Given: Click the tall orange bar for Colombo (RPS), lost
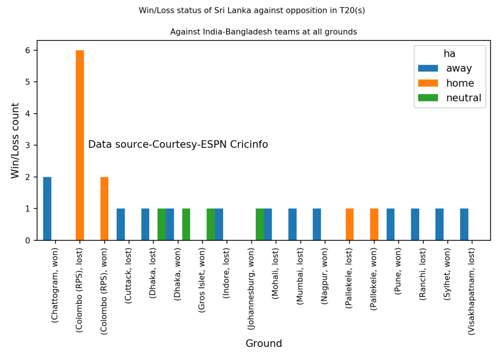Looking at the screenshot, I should (80, 145).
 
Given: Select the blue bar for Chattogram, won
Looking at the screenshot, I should (47, 208).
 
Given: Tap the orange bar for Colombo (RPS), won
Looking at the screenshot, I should (104, 208).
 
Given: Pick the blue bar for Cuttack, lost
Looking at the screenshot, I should (121, 225).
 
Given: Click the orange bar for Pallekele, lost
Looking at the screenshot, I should (350, 225).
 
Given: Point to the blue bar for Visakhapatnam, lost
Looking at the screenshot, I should (464, 225).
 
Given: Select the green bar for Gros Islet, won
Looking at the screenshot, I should (210, 225).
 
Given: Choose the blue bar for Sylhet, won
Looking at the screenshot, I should (439, 225).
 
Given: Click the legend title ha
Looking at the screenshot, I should (449, 54).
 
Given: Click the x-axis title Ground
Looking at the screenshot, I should (264, 344).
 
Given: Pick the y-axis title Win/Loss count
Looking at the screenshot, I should (15, 141).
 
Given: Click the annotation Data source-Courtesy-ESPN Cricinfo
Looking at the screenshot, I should (178, 145).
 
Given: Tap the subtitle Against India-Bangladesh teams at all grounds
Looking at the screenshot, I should (264, 32).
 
